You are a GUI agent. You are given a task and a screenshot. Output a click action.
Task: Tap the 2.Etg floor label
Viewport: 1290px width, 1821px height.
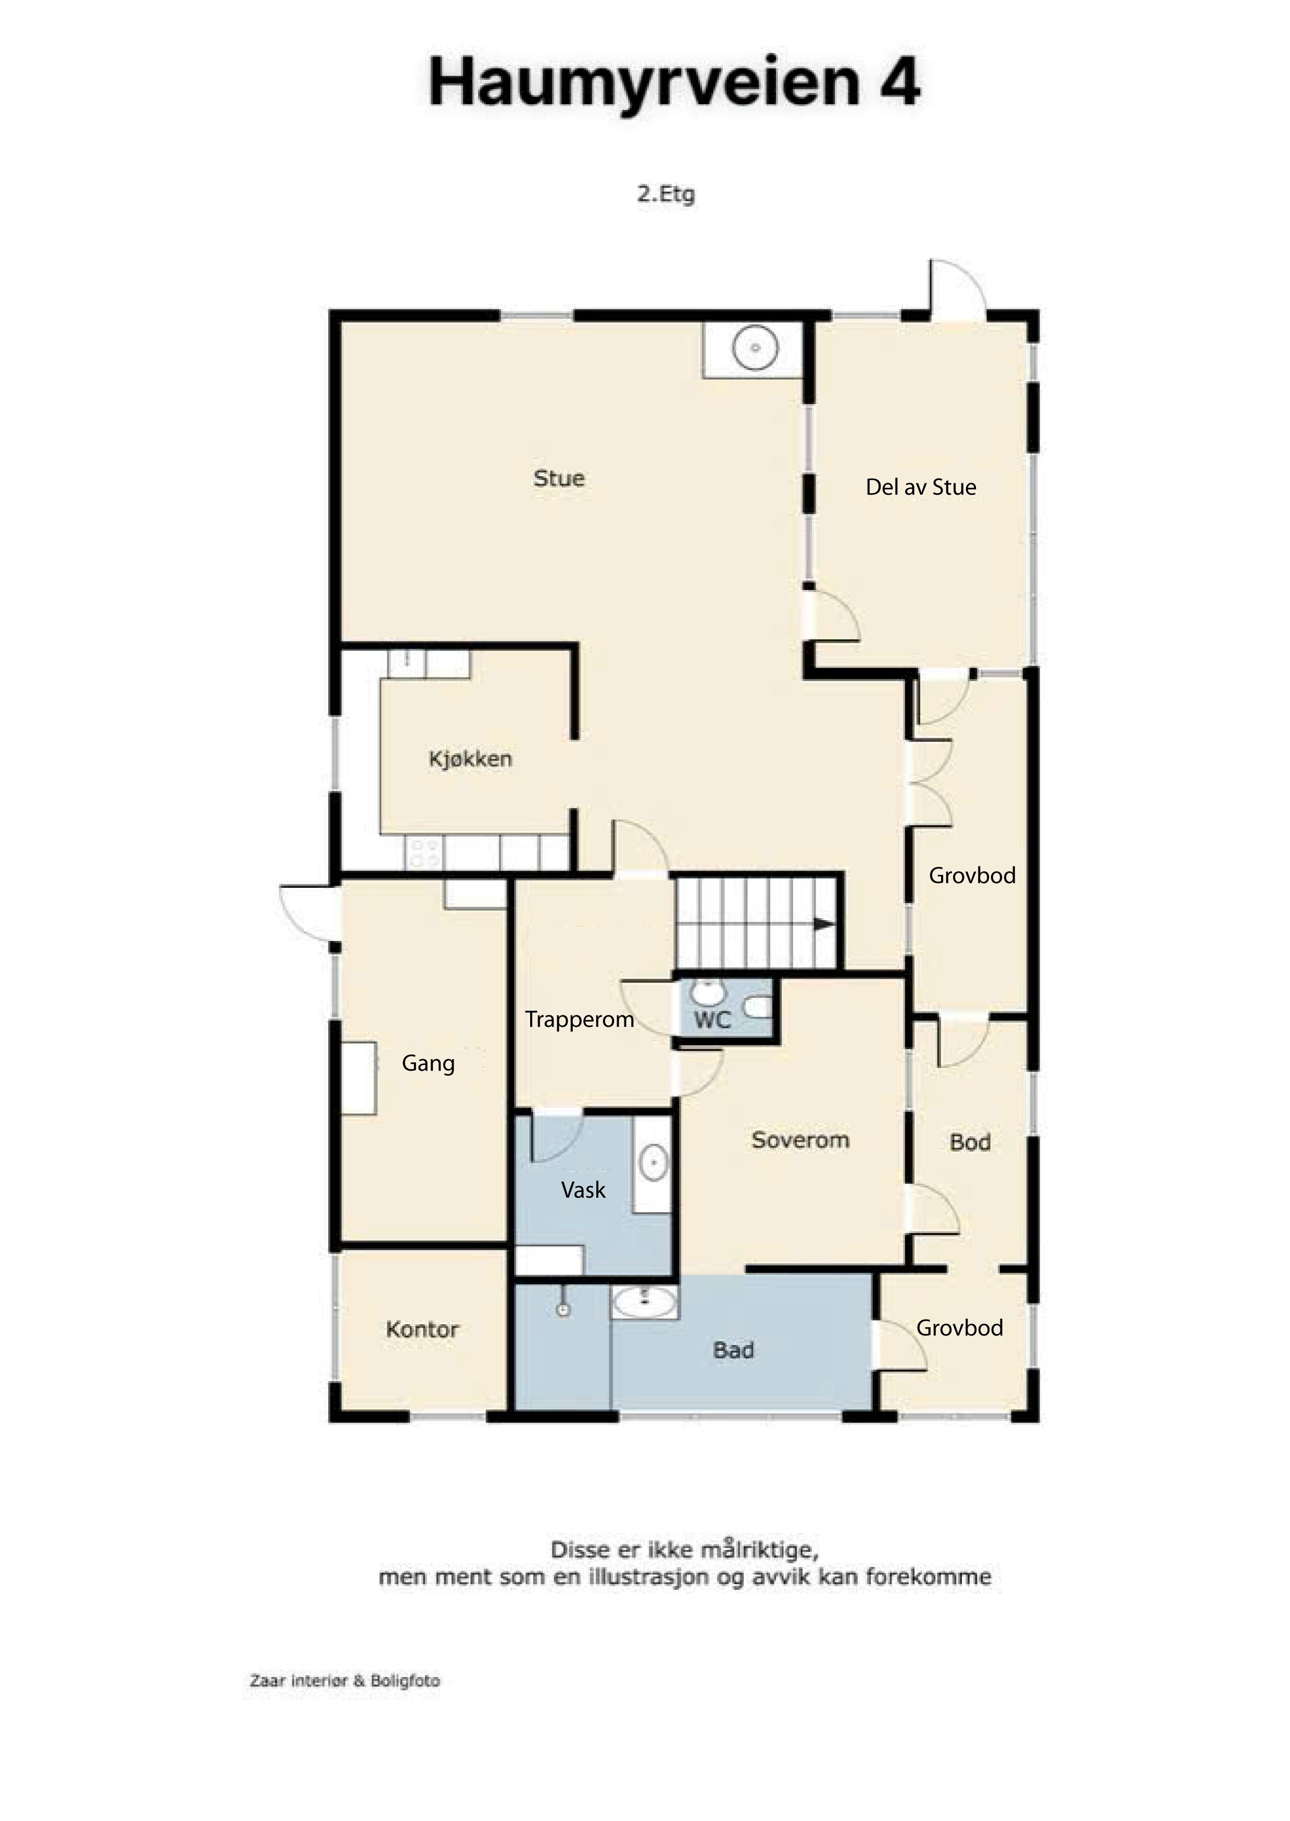point(666,194)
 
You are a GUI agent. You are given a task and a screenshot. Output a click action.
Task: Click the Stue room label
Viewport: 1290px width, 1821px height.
point(559,478)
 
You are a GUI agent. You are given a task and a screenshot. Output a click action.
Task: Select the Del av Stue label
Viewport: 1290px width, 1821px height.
point(921,487)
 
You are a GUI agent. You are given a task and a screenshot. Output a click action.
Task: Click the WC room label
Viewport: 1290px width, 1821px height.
point(712,1021)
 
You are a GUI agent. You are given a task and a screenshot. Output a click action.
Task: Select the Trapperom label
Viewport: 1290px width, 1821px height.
point(579,1020)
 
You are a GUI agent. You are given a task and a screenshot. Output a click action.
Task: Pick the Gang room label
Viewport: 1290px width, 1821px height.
point(428,1063)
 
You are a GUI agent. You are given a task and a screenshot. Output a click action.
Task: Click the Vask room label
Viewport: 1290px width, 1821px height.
point(583,1190)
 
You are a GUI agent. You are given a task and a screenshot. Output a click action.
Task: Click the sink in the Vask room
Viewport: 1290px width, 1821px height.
point(653,1164)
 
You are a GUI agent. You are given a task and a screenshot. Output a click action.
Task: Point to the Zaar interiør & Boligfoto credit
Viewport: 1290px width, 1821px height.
point(345,1681)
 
